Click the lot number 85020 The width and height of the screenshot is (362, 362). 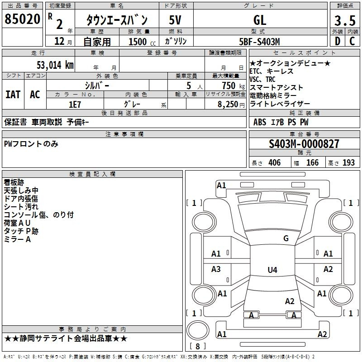point(22,19)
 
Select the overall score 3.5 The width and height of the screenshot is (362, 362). point(345,21)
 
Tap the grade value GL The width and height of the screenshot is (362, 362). point(260,20)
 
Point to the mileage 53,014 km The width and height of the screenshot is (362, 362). point(55,65)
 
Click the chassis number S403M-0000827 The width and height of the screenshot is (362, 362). point(304,144)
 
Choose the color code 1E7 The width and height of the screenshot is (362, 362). point(75,105)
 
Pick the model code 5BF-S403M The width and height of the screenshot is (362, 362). point(259,42)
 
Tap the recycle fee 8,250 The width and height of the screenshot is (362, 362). point(228,105)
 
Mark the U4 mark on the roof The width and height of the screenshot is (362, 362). point(272,270)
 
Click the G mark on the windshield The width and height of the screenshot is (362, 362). point(286,238)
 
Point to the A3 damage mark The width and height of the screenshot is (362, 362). point(216,269)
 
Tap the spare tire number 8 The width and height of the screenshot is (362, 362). point(198,346)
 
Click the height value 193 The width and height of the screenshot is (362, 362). point(348,162)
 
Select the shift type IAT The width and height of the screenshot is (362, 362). point(13,95)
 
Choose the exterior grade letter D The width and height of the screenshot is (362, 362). point(338,41)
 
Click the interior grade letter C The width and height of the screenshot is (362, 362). point(352,41)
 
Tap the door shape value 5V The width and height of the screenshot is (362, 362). point(175,20)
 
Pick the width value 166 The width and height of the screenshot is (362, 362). point(312,162)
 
